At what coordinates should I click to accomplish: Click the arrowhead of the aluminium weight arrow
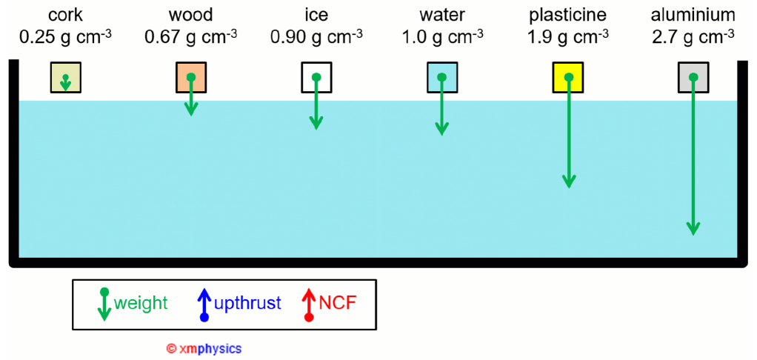tap(693, 228)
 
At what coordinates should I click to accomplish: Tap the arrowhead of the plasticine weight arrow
tap(568, 181)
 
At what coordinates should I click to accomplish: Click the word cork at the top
tap(65, 15)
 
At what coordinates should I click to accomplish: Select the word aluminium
tap(693, 15)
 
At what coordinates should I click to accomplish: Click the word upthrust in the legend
tap(247, 302)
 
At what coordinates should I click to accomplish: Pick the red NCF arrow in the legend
tap(309, 304)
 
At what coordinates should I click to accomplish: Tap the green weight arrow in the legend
tap(104, 304)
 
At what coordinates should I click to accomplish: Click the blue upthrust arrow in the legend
tap(204, 304)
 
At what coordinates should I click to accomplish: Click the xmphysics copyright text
tap(204, 347)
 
